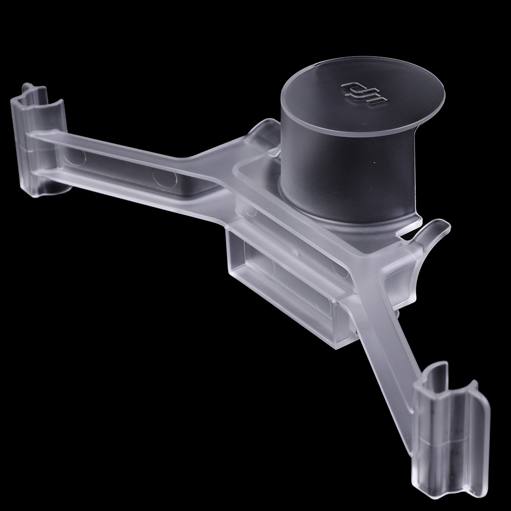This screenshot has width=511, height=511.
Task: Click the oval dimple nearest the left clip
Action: [x=74, y=157]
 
